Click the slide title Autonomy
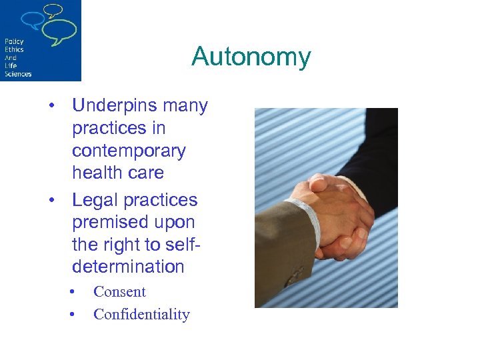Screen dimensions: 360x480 click(x=251, y=57)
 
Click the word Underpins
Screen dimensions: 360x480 click(x=114, y=106)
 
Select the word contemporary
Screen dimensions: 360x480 click(x=129, y=151)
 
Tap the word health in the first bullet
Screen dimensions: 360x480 click(x=93, y=173)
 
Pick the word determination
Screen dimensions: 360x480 click(x=128, y=267)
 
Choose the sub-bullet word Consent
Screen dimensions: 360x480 click(x=119, y=291)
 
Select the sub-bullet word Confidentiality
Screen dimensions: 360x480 click(x=141, y=314)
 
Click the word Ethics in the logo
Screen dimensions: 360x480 click(x=14, y=49)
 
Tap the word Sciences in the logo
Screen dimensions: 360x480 click(x=18, y=73)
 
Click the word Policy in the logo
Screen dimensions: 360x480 click(x=14, y=41)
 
